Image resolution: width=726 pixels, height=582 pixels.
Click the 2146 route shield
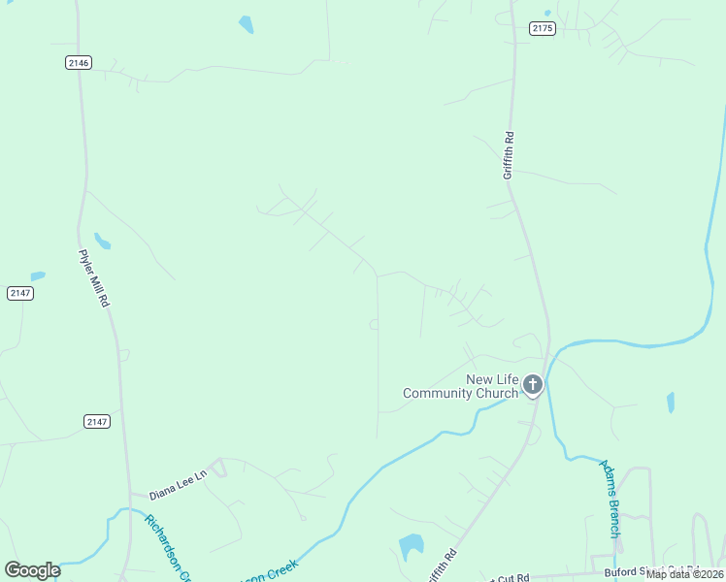(79, 63)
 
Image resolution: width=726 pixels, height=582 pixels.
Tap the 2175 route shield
(543, 29)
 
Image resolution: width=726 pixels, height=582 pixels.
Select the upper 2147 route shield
(19, 293)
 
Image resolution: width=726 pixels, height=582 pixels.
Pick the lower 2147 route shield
(97, 421)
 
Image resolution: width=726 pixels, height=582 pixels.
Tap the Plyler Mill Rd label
(93, 278)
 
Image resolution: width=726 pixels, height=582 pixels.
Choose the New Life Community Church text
(461, 386)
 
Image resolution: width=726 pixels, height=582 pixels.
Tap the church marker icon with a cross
(532, 385)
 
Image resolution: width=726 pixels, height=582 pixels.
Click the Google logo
(32, 570)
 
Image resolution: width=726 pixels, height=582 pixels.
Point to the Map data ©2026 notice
(683, 574)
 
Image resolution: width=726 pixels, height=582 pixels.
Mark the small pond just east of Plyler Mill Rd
(102, 241)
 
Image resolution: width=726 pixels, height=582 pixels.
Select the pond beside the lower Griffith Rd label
(412, 547)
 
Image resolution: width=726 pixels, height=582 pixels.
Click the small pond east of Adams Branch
(670, 402)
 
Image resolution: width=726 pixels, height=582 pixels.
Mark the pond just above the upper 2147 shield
(38, 276)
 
